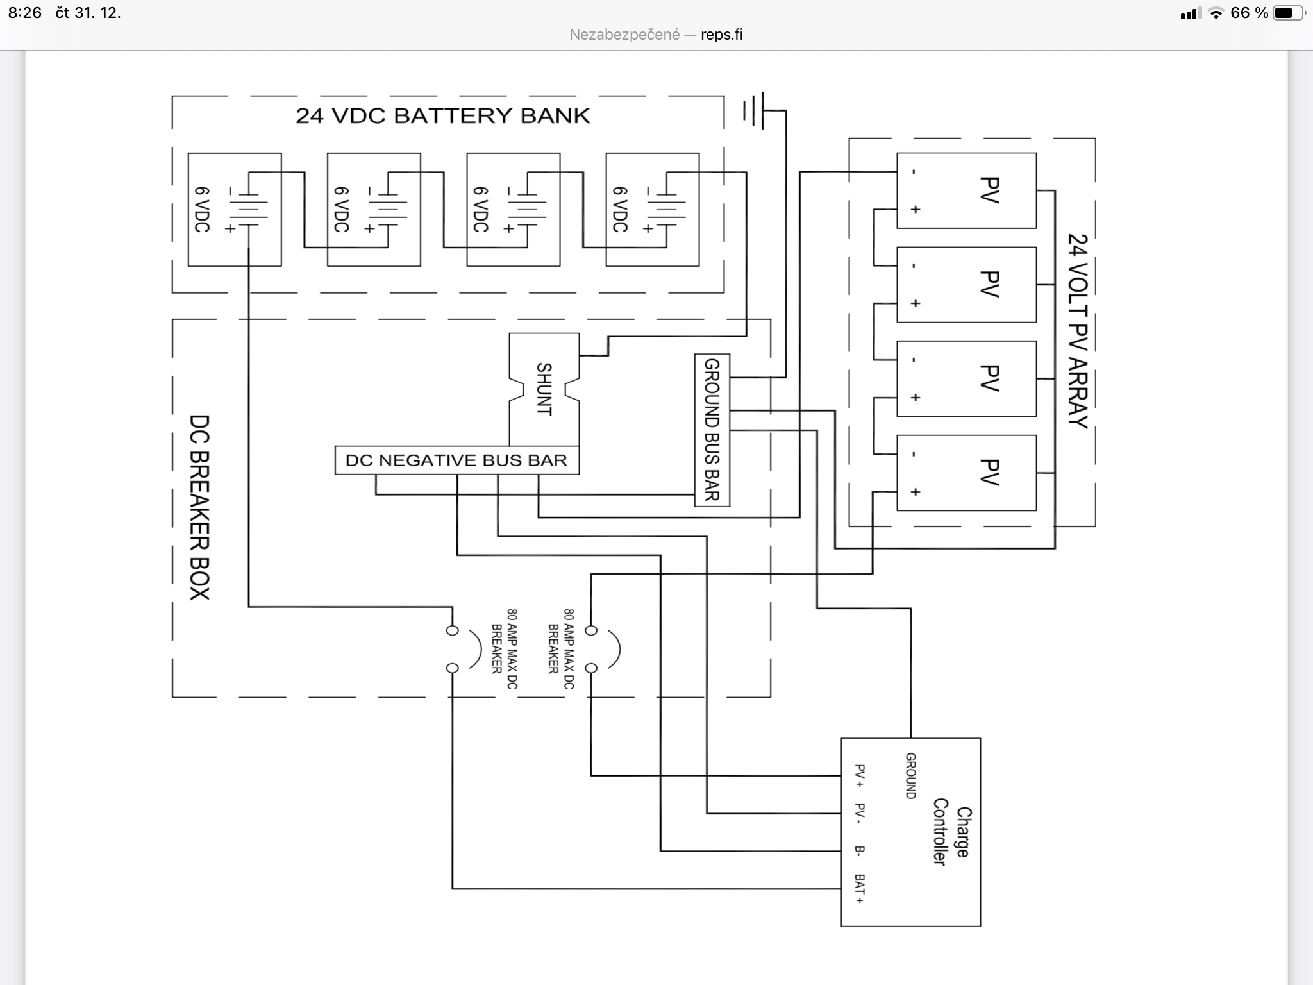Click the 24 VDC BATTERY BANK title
pos(442,116)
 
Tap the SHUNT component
pos(544,389)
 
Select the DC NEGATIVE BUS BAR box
pos(456,460)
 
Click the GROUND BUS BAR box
pos(712,430)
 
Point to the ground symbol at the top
pos(755,111)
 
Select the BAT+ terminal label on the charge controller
pos(860,889)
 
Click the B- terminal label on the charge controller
pos(860,851)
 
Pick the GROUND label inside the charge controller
pos(910,776)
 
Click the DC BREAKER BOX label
pos(199,507)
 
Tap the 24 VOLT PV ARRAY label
pos(1078,330)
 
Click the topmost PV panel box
pos(966,190)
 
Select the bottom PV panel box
pos(966,473)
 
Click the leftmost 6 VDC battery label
pos(202,210)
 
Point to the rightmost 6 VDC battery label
pos(620,210)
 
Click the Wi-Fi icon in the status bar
pos(1216,13)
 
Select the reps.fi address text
pos(721,35)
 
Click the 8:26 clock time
pos(25,13)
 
